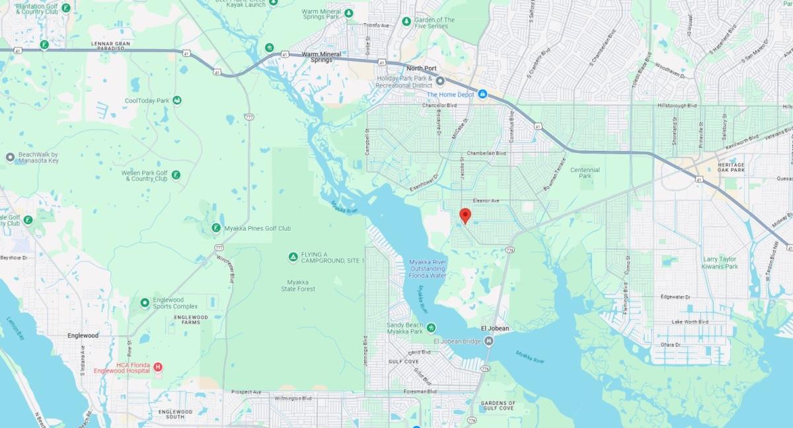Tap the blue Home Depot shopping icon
(482, 94)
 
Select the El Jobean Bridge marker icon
(488, 341)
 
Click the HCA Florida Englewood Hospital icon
(157, 367)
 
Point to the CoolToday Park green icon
(177, 101)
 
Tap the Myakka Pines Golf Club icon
(216, 228)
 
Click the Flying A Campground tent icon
(293, 257)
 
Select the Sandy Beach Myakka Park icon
(431, 327)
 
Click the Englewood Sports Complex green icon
(144, 302)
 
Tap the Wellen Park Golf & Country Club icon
(176, 175)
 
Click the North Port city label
(422, 68)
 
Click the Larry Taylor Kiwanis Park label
(720, 263)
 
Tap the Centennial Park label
(585, 173)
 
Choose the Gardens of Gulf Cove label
(498, 406)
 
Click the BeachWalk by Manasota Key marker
(10, 157)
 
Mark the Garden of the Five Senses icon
(406, 22)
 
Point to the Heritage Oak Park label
(731, 167)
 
